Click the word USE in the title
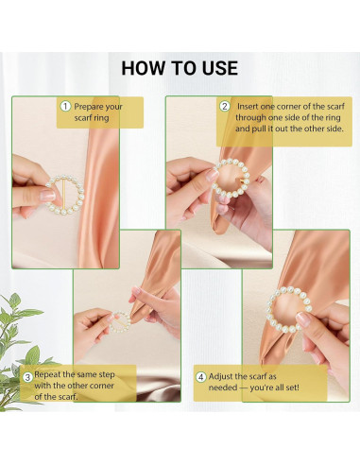click(220, 68)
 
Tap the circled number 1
click(65, 106)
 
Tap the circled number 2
click(225, 106)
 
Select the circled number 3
click(27, 377)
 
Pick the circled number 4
click(201, 377)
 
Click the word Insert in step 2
click(248, 107)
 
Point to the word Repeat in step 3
click(47, 375)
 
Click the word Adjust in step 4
click(220, 377)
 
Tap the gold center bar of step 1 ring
click(64, 195)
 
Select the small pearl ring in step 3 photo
click(120, 322)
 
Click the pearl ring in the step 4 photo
click(289, 309)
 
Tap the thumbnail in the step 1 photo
click(47, 196)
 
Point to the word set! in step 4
click(291, 387)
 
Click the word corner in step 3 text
click(101, 386)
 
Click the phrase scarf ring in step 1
click(92, 118)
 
